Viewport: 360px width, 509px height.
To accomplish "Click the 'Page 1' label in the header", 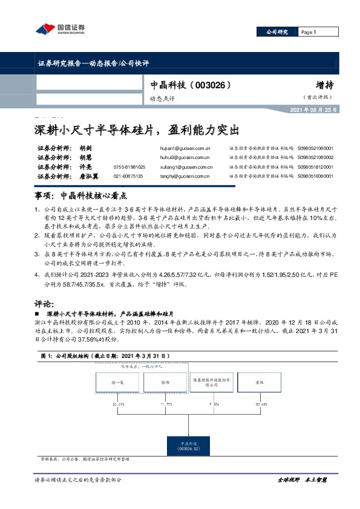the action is point(309,32).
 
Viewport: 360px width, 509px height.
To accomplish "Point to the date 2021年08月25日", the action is point(314,109).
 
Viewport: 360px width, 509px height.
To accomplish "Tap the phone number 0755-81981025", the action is point(129,166).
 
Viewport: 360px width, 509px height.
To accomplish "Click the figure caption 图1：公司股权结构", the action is point(96,357).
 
